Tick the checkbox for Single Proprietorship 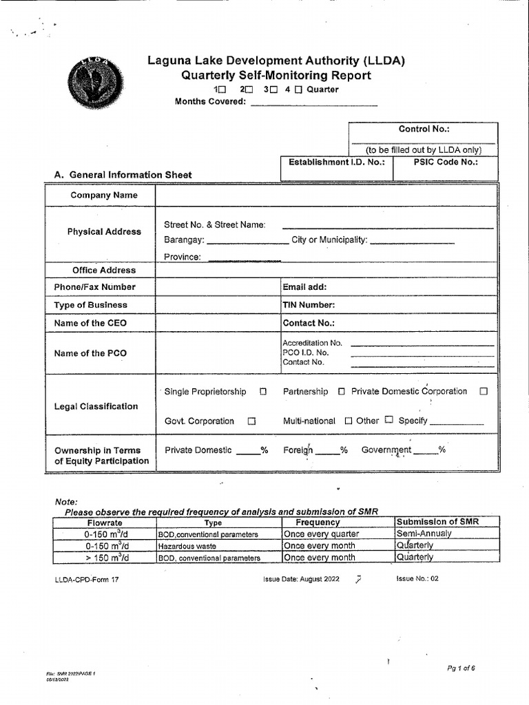coord(263,392)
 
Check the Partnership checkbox coord(342,392)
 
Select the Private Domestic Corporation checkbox coord(484,391)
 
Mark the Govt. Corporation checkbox coord(251,421)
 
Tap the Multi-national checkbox coord(348,421)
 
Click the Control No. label coord(424,129)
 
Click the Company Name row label coord(104,196)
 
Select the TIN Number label coord(309,305)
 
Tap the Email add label coord(304,287)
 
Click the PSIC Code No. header coord(445,162)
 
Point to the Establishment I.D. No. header coord(336,162)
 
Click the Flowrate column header coord(105,523)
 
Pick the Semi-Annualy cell coord(424,534)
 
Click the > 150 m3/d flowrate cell coord(105,558)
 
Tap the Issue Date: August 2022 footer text coord(302,579)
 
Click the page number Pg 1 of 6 coord(461,668)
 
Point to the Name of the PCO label coord(90,353)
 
